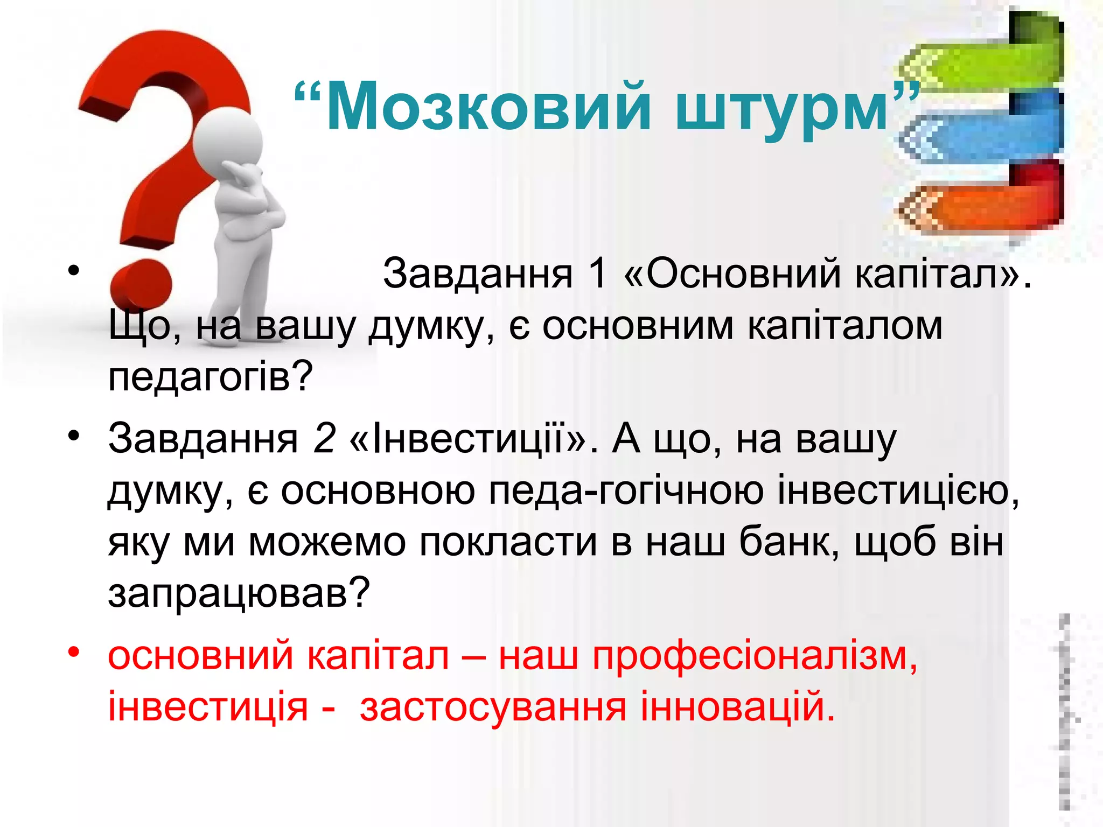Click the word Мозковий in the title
pos(488,106)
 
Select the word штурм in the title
pos(781,110)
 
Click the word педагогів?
pos(210,377)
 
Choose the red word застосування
pos(493,707)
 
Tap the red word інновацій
pos(737,707)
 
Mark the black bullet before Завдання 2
pos(74,435)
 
